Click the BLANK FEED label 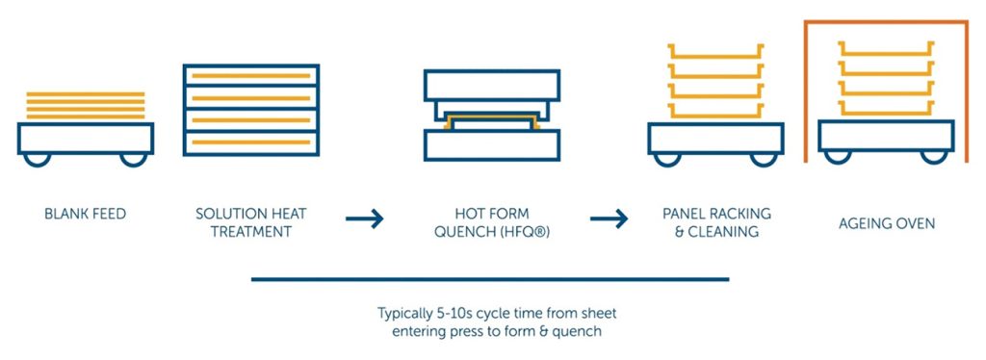point(85,214)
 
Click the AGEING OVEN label point(886,224)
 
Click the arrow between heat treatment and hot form point(364,219)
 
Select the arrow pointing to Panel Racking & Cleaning point(609,219)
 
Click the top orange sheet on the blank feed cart point(85,93)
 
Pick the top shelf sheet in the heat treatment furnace point(249,75)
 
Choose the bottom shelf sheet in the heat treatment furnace point(249,142)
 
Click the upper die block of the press point(491,85)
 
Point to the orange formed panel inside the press point(491,120)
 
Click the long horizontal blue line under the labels point(490,280)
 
